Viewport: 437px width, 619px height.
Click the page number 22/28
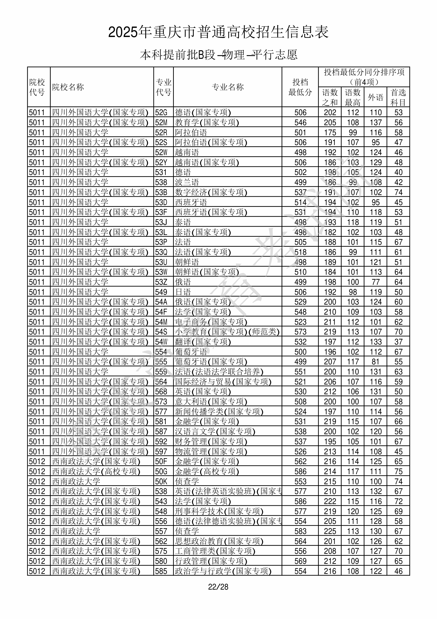(x=218, y=587)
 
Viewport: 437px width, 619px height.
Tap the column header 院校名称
(x=68, y=87)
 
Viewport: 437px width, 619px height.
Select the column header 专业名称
(x=228, y=87)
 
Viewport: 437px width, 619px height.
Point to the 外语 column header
(x=375, y=97)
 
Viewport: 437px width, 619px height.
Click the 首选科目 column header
(x=398, y=97)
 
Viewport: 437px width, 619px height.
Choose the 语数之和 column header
(x=330, y=97)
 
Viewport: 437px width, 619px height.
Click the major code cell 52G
(x=161, y=112)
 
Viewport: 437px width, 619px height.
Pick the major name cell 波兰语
(x=187, y=182)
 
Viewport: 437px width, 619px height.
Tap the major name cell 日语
(x=183, y=292)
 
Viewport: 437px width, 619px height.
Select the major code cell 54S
(x=161, y=332)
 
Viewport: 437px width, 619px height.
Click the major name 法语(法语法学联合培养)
(x=219, y=372)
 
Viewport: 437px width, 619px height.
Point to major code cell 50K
(x=161, y=482)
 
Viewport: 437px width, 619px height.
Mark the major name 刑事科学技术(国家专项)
(x=219, y=511)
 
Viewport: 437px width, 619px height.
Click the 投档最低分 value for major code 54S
(x=300, y=332)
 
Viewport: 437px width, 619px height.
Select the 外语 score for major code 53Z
(x=375, y=282)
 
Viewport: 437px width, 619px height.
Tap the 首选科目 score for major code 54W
(x=398, y=342)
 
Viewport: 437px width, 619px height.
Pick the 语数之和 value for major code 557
(x=330, y=531)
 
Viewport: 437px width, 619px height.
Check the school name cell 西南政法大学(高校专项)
(x=96, y=471)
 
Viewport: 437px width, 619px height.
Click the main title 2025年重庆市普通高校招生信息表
(x=218, y=32)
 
